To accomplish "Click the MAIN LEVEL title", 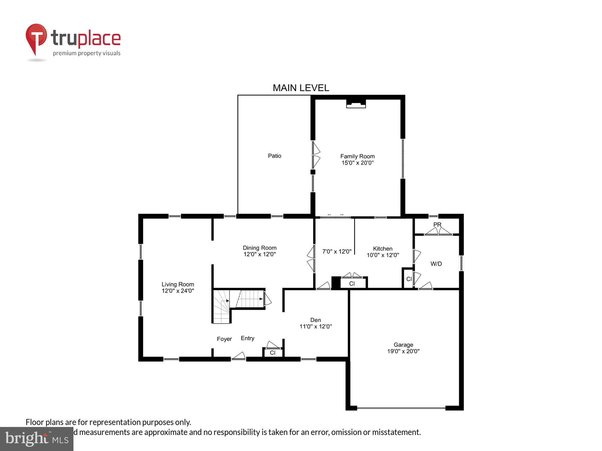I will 301,88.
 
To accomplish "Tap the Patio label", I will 275,156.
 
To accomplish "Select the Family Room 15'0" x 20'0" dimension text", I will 358,163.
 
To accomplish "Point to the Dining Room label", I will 259,248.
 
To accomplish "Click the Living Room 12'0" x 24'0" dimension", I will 178,291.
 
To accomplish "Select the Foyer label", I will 224,339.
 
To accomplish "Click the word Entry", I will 247,338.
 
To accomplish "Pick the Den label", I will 315,320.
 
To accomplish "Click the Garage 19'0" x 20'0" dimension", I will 403,351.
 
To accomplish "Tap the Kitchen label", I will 383,249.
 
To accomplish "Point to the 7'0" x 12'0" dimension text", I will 337,251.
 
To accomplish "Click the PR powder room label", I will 437,225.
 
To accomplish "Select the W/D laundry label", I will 436,264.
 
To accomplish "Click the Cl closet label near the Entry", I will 273,353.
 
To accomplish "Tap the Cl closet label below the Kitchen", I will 352,284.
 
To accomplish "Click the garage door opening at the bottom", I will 401,408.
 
